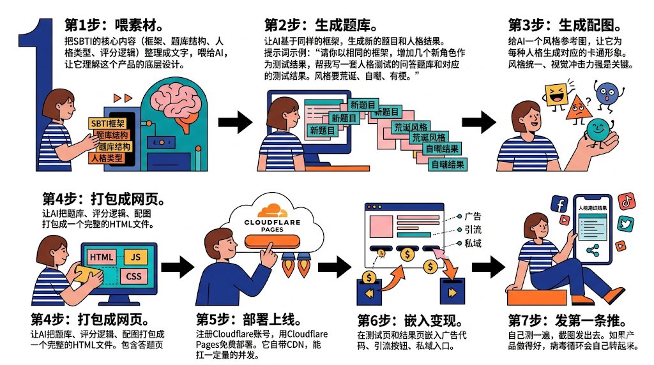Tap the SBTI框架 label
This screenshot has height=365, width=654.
108,123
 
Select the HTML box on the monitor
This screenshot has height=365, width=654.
102,258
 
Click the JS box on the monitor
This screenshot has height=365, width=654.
135,257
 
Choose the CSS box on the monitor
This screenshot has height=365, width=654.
133,276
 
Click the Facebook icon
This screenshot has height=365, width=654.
559,205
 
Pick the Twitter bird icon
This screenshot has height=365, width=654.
625,224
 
